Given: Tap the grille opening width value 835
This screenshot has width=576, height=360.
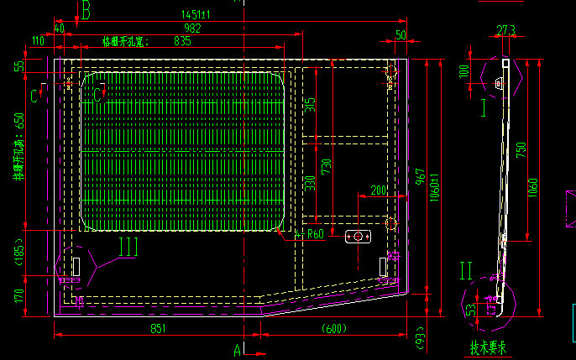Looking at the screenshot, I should click(182, 40).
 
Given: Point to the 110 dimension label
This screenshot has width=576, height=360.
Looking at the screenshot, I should click(38, 40).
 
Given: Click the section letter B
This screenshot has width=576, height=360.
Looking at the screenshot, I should click(87, 10).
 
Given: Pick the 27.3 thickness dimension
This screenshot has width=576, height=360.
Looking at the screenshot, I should click(505, 30).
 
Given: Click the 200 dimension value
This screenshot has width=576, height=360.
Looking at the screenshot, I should click(378, 190).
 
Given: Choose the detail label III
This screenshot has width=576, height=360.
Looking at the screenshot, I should click(128, 246).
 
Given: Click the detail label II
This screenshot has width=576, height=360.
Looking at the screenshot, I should click(467, 270).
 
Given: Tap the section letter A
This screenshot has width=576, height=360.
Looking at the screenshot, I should click(238, 347).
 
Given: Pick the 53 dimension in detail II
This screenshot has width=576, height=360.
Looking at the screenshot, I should click(472, 310).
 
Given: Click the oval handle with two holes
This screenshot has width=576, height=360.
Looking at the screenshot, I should click(359, 238).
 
